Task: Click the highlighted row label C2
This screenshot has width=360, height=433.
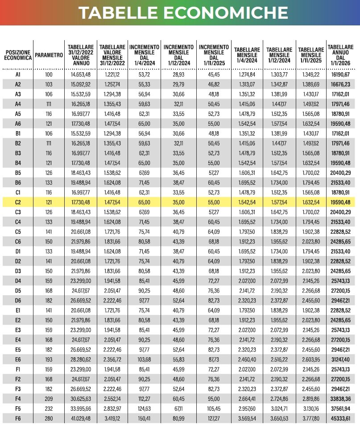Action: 18,202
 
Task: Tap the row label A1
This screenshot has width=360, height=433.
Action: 18,74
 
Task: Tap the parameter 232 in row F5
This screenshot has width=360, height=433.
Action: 49,408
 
